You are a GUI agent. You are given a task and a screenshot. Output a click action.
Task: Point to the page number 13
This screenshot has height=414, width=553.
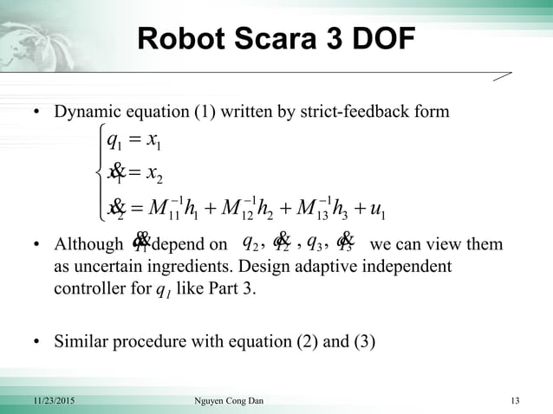516,400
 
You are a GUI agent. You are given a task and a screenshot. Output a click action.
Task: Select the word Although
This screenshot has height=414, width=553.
85,245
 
